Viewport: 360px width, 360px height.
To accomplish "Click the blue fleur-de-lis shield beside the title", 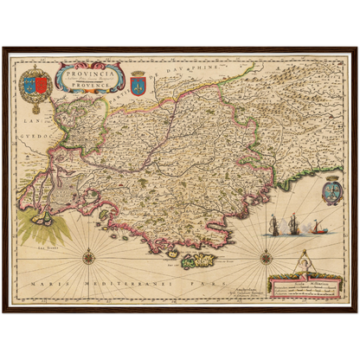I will tap(138, 82).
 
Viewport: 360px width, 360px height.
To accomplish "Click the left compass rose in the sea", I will tap(89, 255).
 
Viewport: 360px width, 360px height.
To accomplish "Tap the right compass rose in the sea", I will tap(266, 255).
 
